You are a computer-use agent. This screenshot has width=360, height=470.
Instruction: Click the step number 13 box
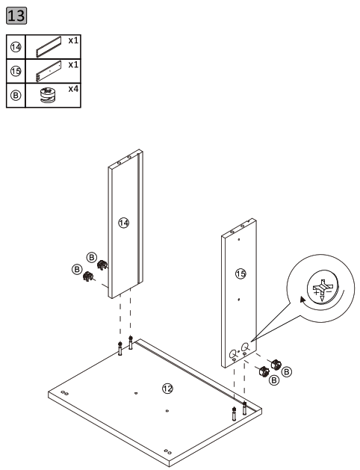click(x=16, y=15)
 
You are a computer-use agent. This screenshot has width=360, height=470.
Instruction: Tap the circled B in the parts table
click(x=16, y=96)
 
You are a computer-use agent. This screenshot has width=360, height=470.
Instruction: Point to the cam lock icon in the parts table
click(x=47, y=96)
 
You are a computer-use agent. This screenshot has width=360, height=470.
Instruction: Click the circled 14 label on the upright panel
click(x=124, y=222)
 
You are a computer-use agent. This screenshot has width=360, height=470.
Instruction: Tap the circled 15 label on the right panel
click(x=240, y=274)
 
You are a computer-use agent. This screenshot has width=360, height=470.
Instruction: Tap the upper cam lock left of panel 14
click(x=101, y=265)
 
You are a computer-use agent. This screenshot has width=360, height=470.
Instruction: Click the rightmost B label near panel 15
click(x=288, y=371)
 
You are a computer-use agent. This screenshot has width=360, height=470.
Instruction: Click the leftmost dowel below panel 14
click(x=120, y=349)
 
